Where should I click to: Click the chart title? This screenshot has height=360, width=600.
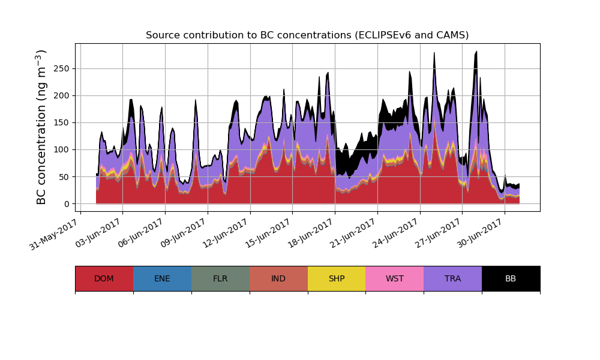pyautogui.click(x=307, y=35)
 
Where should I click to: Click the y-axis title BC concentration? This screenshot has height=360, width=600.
pyautogui.click(x=41, y=127)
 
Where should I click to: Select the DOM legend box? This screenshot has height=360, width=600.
pyautogui.click(x=104, y=278)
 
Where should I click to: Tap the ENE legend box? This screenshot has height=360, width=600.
pyautogui.click(x=162, y=278)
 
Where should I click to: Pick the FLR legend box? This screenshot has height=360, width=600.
pyautogui.click(x=220, y=278)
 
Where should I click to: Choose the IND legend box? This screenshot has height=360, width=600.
pyautogui.click(x=278, y=278)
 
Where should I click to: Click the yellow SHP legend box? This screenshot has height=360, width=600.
pyautogui.click(x=337, y=278)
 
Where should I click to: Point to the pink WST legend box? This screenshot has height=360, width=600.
pyautogui.click(x=395, y=278)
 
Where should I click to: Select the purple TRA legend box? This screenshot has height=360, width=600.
pyautogui.click(x=453, y=278)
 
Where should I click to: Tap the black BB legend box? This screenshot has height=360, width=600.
pyautogui.click(x=511, y=278)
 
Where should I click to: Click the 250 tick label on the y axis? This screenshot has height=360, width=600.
pyautogui.click(x=62, y=68)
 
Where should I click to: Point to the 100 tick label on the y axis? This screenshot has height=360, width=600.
pyautogui.click(x=62, y=149)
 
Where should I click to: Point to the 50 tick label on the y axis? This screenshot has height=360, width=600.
pyautogui.click(x=65, y=177)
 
